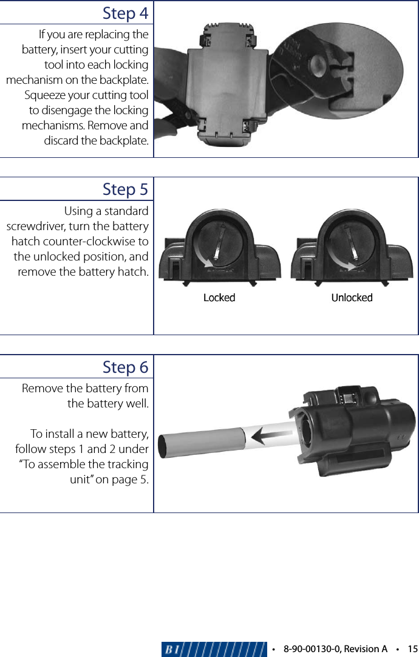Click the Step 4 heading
[125, 13]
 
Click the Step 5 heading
[125, 189]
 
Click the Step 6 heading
[125, 367]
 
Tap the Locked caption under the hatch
[219, 298]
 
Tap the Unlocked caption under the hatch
[352, 298]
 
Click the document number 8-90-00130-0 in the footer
[310, 649]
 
